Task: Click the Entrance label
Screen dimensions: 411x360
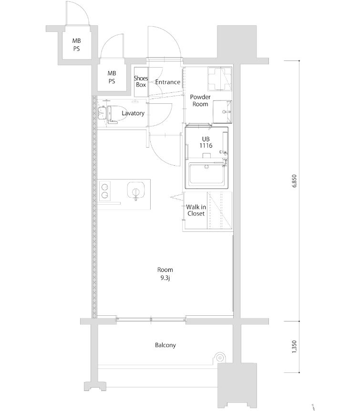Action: pyautogui.click(x=167, y=82)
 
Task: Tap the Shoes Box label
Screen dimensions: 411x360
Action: pyautogui.click(x=141, y=81)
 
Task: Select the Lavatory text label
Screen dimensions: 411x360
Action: pyautogui.click(x=133, y=113)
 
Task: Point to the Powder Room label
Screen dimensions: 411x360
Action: pyautogui.click(x=200, y=100)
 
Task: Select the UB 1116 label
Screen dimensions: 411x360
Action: pyautogui.click(x=206, y=143)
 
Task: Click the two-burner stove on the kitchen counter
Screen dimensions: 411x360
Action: pyautogui.click(x=105, y=190)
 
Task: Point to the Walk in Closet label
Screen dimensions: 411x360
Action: pyautogui.click(x=195, y=210)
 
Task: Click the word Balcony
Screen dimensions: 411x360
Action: pyautogui.click(x=165, y=345)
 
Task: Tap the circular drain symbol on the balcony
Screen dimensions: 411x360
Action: pyautogui.click(x=220, y=357)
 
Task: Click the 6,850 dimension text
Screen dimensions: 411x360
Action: pyautogui.click(x=294, y=182)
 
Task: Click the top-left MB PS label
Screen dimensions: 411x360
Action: pyautogui.click(x=76, y=45)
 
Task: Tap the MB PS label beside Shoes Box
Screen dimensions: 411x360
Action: pyautogui.click(x=112, y=77)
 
